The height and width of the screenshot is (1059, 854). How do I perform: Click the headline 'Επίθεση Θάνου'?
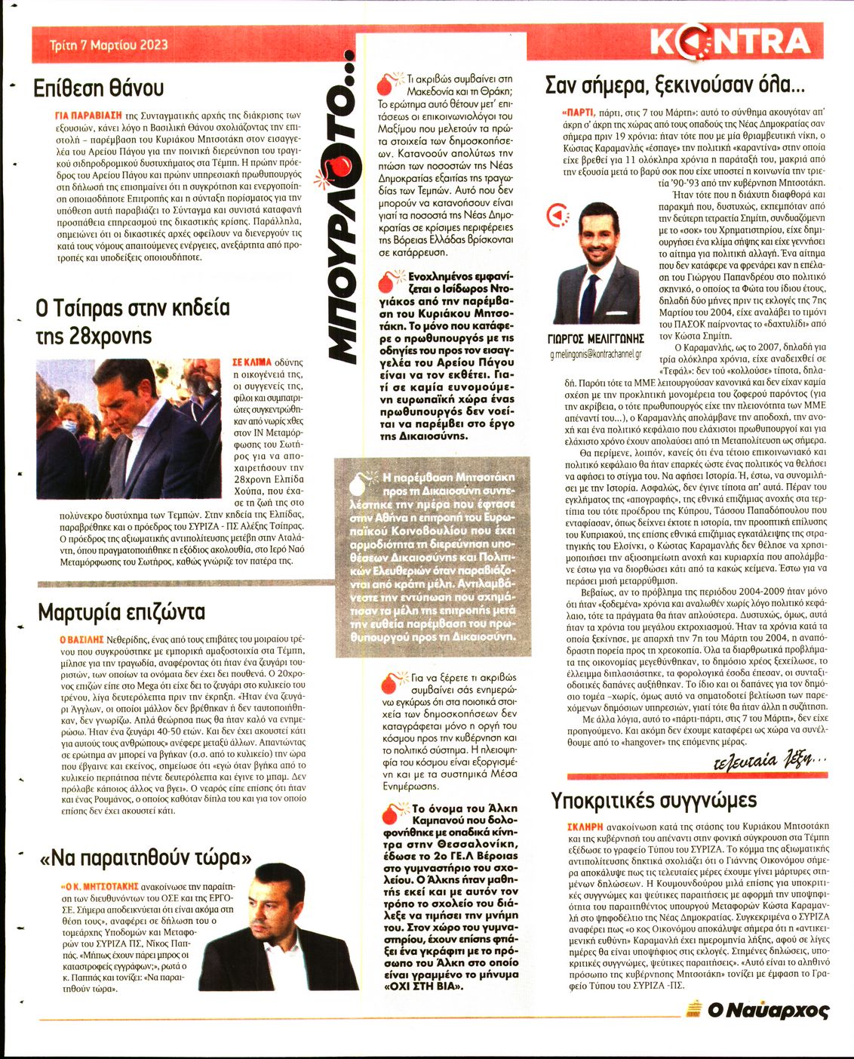[x=99, y=88]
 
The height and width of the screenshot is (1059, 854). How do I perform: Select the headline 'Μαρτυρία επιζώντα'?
[x=121, y=611]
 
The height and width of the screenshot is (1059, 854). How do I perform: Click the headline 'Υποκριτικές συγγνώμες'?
[x=653, y=800]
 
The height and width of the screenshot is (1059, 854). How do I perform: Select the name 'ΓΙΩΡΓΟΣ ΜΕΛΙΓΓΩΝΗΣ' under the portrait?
[x=595, y=339]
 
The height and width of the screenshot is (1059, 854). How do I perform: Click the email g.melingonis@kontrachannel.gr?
[x=595, y=353]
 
